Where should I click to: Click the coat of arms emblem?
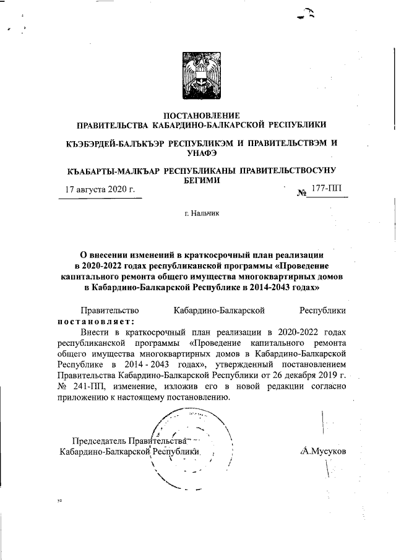197,75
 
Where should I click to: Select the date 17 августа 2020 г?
100,189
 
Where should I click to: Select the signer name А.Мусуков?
322,451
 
